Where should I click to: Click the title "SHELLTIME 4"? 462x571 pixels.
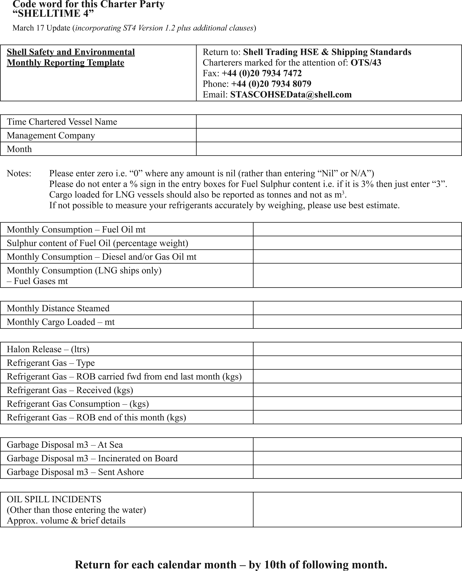tap(53, 13)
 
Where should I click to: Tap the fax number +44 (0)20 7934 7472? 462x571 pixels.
tap(262, 73)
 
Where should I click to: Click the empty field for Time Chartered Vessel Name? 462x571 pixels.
tap(329, 122)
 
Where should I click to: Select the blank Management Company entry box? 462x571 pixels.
tap(329, 135)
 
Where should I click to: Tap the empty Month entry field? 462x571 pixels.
tap(329, 149)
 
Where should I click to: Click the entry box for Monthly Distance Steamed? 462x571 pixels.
tap(357, 308)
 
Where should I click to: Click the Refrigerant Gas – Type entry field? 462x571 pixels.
tap(357, 363)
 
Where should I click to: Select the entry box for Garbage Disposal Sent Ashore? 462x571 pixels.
tap(357, 472)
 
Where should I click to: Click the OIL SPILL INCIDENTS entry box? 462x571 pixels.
tap(357, 509)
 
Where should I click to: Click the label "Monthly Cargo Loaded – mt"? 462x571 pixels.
tap(61, 322)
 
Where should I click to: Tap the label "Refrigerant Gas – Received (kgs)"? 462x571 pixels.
tap(70, 390)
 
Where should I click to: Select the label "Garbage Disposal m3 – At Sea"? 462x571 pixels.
tap(65, 445)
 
